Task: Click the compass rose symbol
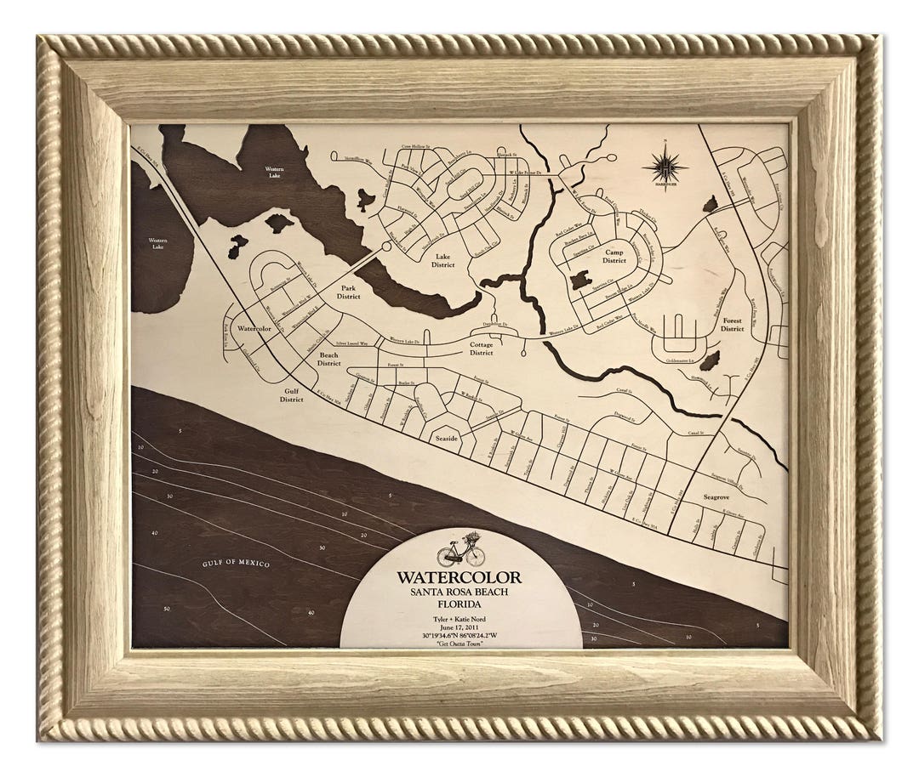(x=665, y=163)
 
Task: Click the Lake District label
(x=442, y=259)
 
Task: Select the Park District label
(x=348, y=292)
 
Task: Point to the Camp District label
(x=614, y=256)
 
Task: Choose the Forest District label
(x=732, y=325)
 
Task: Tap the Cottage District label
(x=482, y=349)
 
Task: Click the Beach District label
(x=328, y=359)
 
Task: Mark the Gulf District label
(x=291, y=394)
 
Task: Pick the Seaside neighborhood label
(x=447, y=439)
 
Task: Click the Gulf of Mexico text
(x=236, y=564)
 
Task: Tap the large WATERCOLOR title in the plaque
(x=459, y=578)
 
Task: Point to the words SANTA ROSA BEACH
(x=459, y=592)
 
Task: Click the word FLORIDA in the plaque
(x=459, y=604)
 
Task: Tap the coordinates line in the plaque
(x=459, y=634)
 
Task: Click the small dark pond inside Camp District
(x=580, y=279)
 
